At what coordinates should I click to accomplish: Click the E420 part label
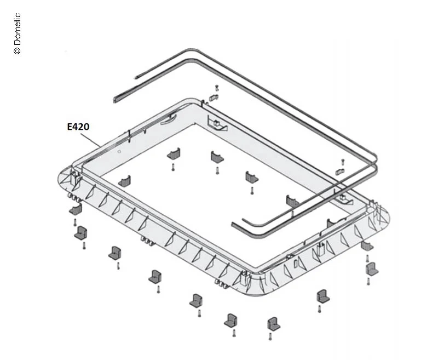(78, 127)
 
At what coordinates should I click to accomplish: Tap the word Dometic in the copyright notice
(17, 29)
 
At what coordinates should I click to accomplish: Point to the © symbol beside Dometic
(17, 50)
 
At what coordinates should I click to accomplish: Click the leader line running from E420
(91, 139)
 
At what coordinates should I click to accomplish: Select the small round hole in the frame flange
(119, 151)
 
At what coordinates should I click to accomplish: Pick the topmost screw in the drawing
(217, 88)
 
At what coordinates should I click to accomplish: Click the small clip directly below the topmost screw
(214, 98)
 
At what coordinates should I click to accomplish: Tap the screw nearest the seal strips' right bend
(343, 162)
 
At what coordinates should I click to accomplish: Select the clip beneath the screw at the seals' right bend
(339, 172)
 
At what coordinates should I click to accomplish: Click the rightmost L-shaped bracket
(372, 269)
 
